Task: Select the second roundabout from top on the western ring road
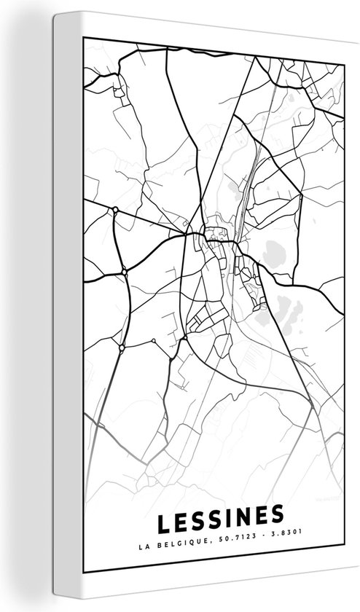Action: (x=125, y=271)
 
